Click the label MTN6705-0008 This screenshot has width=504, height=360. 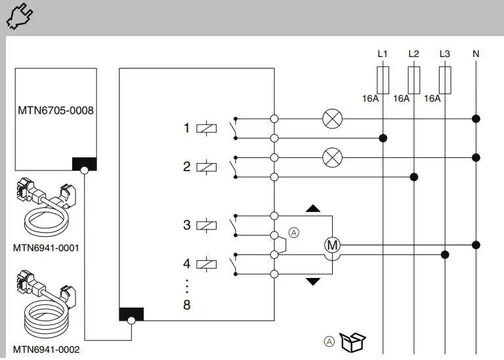pos(55,110)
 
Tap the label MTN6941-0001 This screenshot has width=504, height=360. pos(46,248)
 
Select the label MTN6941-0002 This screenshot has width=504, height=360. pos(46,350)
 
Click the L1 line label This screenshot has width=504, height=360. pos(383,54)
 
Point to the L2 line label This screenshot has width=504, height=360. pos(413,54)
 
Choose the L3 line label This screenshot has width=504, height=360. pos(445,54)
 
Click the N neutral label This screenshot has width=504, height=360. pos(476,54)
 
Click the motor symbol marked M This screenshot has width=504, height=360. pos(333,245)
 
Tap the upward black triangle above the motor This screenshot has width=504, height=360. pos(313,209)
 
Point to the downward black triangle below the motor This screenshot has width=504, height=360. pos(313,281)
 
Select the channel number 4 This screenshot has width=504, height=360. pos(187,264)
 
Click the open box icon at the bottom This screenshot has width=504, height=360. pos(354,341)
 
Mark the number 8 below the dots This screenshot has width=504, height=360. pos(187,305)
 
